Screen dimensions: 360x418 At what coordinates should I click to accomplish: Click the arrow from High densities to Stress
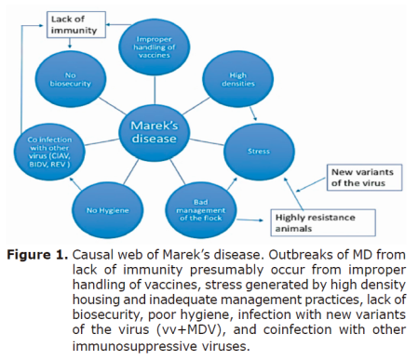[243, 111]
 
